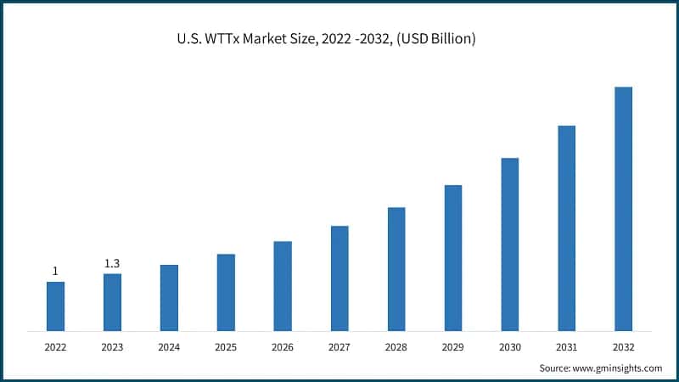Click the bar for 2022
55,306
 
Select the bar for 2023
112,301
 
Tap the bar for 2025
226,292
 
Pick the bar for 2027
339,278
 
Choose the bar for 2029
453,257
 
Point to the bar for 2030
510,244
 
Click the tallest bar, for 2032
624,208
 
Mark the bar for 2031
567,228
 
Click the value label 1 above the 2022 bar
55,271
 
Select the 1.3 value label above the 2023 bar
112,263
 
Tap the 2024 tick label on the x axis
169,347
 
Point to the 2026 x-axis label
283,347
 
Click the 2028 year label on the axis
396,347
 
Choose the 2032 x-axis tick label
624,347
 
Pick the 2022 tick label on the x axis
55,347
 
